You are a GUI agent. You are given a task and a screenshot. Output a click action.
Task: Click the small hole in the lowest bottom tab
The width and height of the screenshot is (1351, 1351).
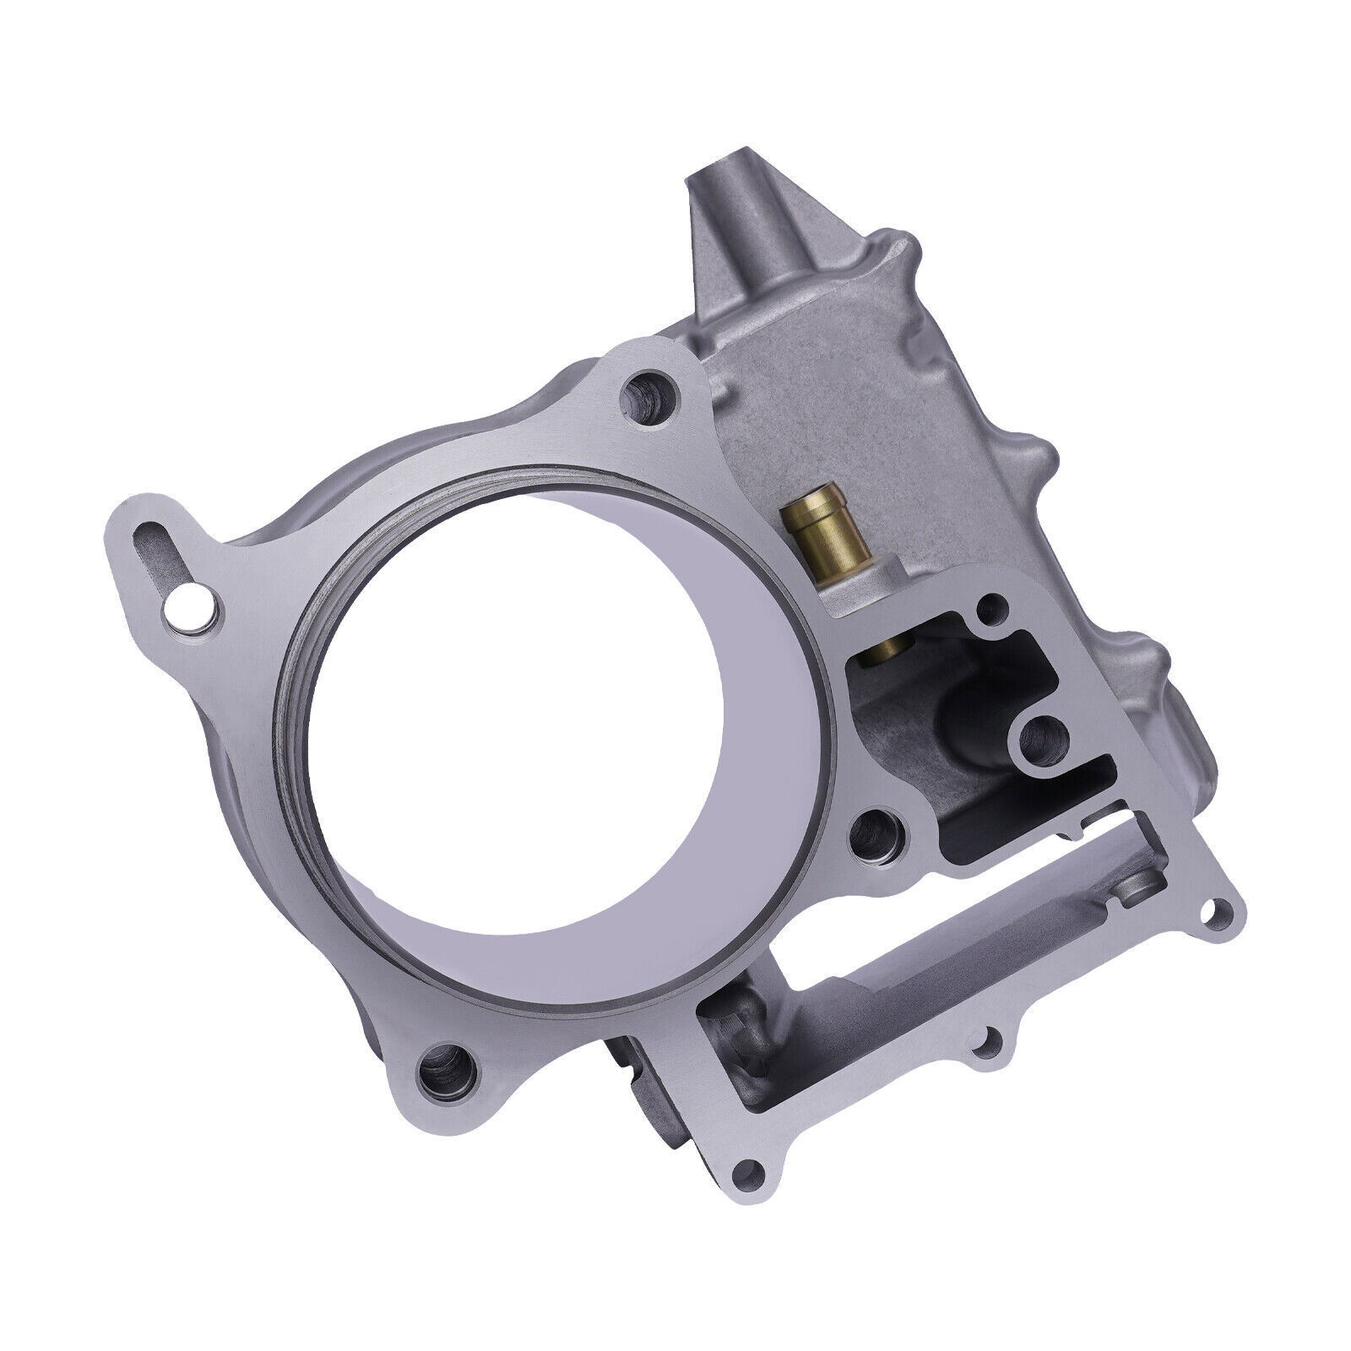pos(742,1099)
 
